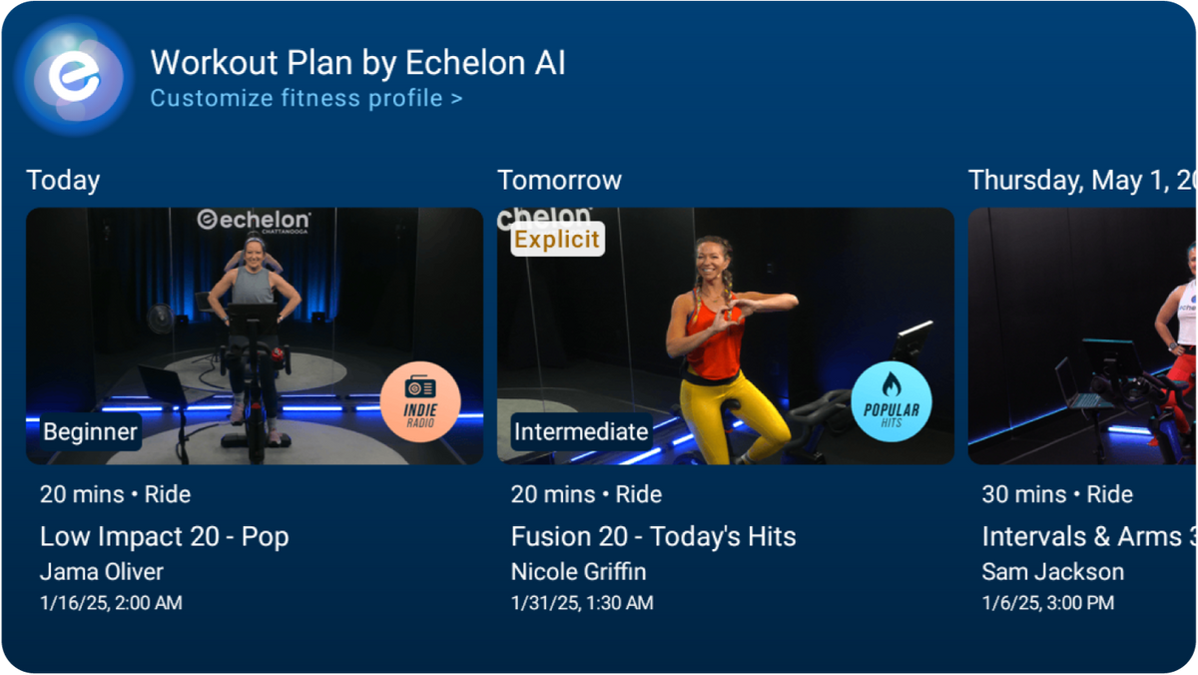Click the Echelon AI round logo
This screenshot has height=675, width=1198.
pos(75,76)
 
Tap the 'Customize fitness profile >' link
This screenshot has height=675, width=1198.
pos(305,98)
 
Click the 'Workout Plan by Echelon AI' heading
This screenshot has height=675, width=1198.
pos(357,63)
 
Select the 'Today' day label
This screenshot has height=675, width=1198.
pos(63,180)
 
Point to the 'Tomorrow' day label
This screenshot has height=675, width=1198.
pos(559,180)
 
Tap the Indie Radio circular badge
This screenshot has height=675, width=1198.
pos(420,401)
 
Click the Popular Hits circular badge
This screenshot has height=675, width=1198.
pos(892,401)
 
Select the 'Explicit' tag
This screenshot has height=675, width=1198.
pos(557,240)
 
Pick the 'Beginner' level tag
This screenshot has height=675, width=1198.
pos(90,432)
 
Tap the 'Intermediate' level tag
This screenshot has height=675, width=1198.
pos(580,432)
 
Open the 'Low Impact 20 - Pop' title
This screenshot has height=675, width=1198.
pos(164,536)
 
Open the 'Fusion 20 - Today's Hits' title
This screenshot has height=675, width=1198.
pos(653,536)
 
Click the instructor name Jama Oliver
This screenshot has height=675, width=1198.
pos(101,572)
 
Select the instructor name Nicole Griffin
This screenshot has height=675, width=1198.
pos(578,572)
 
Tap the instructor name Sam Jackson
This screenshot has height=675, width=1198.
pos(1052,572)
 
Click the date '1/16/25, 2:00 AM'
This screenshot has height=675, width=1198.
pos(111,602)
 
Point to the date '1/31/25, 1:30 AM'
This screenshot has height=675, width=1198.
pos(582,602)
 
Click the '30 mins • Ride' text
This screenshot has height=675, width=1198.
pos(1057,494)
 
